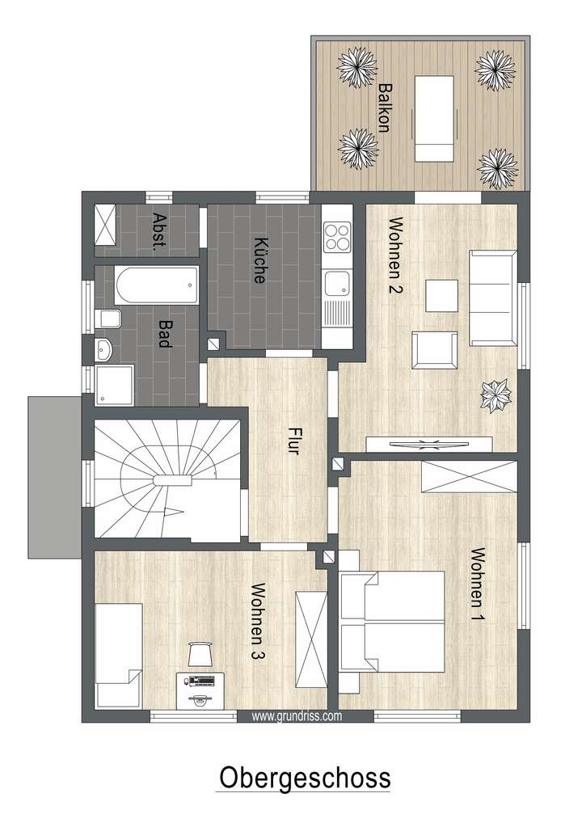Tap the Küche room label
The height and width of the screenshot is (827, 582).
point(259,260)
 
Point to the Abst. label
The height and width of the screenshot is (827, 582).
point(159,232)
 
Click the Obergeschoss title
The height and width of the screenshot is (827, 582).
point(304,778)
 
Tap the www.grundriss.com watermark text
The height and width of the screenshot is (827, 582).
point(297,715)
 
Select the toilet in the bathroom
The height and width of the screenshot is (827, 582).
point(108,319)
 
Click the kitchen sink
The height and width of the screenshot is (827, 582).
point(336,285)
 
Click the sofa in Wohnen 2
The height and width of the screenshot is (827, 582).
point(491,297)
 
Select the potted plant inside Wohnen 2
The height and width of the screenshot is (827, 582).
point(495,396)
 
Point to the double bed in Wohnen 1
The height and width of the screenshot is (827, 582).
point(393,622)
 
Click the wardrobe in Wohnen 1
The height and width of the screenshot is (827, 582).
point(468,476)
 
